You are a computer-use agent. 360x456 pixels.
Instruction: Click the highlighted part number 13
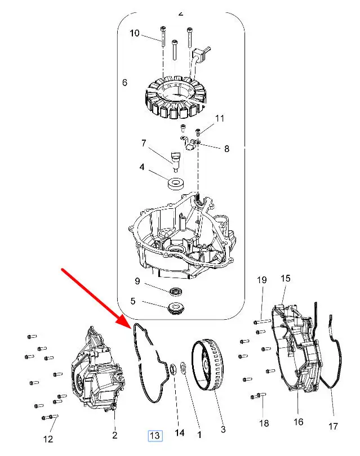click(155, 435)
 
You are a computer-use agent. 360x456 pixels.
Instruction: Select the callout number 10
click(135, 33)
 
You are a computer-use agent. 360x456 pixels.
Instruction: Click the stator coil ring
click(175, 97)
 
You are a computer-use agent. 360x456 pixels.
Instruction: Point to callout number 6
click(125, 83)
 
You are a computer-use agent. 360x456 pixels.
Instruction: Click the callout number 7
click(144, 143)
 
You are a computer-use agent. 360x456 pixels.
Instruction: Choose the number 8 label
click(226, 149)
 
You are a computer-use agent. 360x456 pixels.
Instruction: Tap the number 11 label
click(220, 118)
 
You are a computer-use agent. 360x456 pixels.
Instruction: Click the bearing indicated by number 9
click(176, 291)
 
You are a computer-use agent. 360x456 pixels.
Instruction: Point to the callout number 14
click(180, 433)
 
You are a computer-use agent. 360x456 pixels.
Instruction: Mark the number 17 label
click(333, 426)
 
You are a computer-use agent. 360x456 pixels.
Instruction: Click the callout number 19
click(261, 280)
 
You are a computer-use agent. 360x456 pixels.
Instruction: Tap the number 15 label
click(286, 278)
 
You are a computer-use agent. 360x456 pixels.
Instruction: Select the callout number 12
click(48, 439)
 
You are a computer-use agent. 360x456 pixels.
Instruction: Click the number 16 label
click(298, 422)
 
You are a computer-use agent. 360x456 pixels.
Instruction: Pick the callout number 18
click(264, 423)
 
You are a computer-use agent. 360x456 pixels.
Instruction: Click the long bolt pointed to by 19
click(262, 321)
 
